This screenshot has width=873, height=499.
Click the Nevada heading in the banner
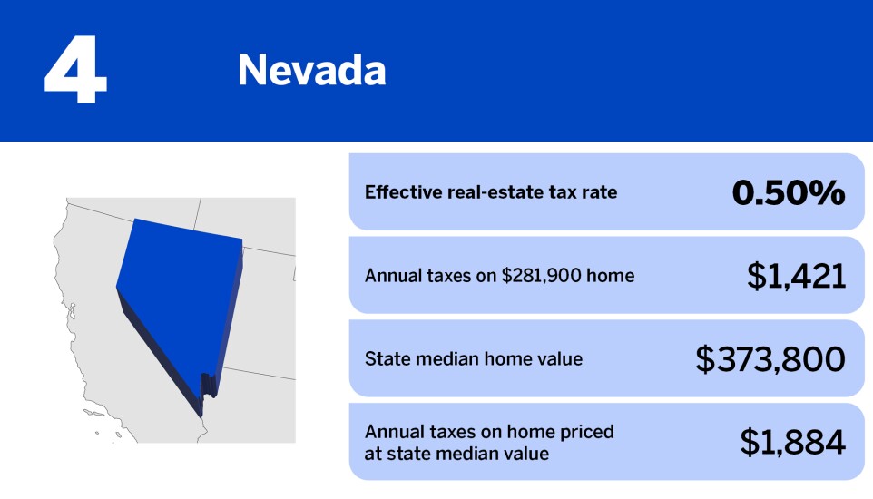(x=311, y=70)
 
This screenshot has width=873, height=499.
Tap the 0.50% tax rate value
(x=789, y=192)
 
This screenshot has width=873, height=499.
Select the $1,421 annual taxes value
(x=796, y=276)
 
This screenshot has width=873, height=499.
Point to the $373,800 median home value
(x=770, y=359)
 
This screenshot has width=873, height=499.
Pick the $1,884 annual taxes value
(x=792, y=442)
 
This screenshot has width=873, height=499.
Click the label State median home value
(x=474, y=359)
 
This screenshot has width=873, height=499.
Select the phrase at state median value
(x=456, y=453)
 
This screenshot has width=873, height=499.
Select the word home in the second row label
(x=610, y=276)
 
